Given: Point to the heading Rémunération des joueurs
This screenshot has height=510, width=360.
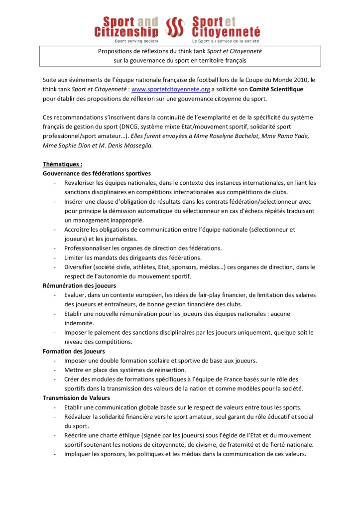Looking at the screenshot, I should click(x=80, y=285).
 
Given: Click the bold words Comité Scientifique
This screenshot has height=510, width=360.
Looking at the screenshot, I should click(x=277, y=89).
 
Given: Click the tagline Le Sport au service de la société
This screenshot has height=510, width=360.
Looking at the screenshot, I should click(x=225, y=41).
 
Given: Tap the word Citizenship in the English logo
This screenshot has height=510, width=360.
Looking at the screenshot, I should click(x=126, y=32).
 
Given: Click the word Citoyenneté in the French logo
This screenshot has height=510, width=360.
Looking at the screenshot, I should click(x=226, y=32).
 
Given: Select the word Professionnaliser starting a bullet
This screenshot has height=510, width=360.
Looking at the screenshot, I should click(x=91, y=248).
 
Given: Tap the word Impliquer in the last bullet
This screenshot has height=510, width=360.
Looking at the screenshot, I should click(x=79, y=454).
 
